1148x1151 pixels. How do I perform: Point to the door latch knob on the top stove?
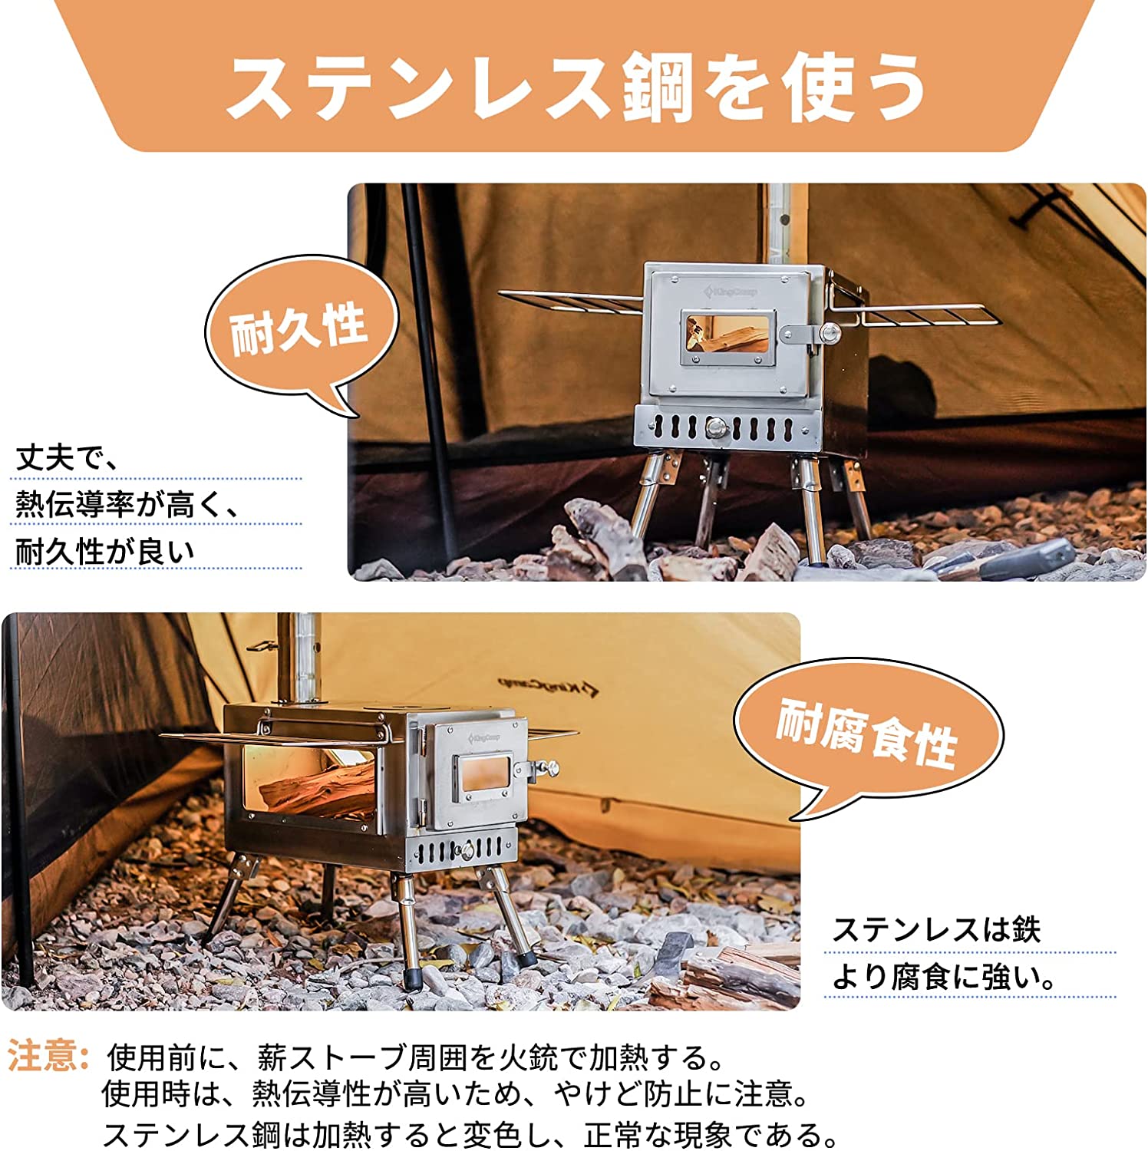pyautogui.click(x=829, y=332)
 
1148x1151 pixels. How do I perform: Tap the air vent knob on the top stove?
pyautogui.click(x=715, y=427)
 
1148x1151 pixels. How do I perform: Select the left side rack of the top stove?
pyautogui.click(x=572, y=303)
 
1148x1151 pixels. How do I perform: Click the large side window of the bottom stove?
pyautogui.click(x=311, y=790)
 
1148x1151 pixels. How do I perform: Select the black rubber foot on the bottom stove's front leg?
pyautogui.click(x=414, y=980)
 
